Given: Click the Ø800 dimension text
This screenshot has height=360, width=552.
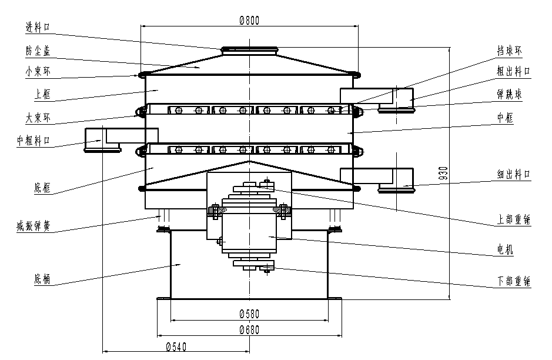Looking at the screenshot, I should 249,19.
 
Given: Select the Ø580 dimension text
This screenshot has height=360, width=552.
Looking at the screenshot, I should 249,313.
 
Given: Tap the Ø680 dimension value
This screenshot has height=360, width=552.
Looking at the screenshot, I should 249,329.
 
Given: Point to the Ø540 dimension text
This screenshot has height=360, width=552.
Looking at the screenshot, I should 176,346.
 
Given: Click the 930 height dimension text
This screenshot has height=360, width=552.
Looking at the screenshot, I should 444,172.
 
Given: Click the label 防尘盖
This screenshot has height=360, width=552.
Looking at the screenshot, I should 38,51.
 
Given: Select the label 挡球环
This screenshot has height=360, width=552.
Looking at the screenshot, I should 510,51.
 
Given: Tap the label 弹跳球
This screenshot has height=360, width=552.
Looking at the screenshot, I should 510,94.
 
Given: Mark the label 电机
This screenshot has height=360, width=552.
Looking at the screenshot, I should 505,251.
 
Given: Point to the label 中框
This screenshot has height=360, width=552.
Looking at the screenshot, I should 505,118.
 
